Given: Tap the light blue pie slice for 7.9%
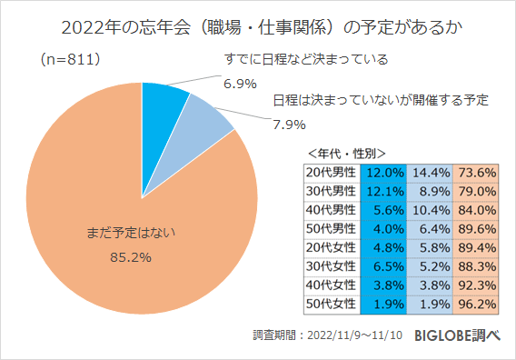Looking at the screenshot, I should (x=198, y=118).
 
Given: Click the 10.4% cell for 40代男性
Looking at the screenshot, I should (x=430, y=210).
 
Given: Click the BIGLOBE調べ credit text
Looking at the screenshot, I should (x=459, y=335).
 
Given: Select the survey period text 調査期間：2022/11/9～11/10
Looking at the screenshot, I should (x=327, y=336).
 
